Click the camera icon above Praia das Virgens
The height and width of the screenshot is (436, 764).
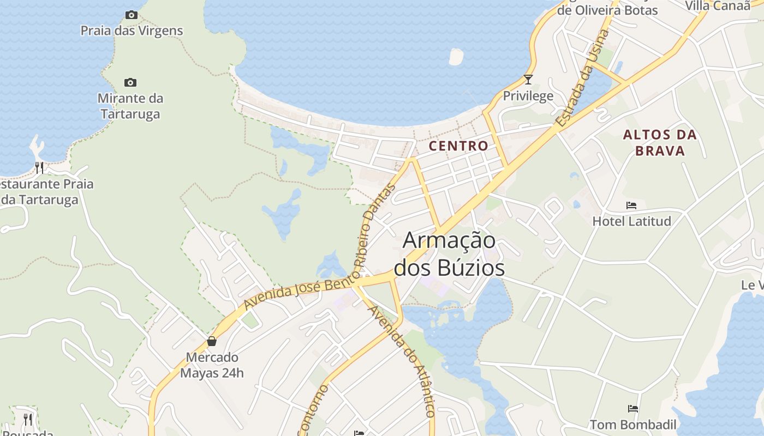click(131, 15)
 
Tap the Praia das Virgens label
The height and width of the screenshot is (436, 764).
click(132, 31)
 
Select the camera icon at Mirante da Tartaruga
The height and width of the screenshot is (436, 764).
click(130, 82)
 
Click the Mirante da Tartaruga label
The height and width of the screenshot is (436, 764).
click(130, 106)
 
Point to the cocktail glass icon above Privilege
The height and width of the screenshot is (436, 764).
click(528, 80)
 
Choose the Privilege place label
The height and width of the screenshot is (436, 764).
click(528, 96)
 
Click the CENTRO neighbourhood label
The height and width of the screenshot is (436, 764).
click(458, 146)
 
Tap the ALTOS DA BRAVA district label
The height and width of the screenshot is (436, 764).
click(660, 143)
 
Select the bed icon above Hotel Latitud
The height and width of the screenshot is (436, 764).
click(631, 205)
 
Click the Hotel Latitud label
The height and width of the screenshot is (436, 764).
click(631, 221)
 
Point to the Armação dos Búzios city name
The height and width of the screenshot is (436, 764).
click(449, 254)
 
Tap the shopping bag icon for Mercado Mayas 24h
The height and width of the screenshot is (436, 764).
click(212, 342)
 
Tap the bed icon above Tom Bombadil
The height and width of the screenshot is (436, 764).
click(632, 408)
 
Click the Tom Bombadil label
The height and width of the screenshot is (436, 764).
click(632, 425)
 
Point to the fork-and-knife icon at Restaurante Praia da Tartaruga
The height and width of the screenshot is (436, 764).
click(39, 167)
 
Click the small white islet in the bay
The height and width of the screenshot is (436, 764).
click(456, 56)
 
